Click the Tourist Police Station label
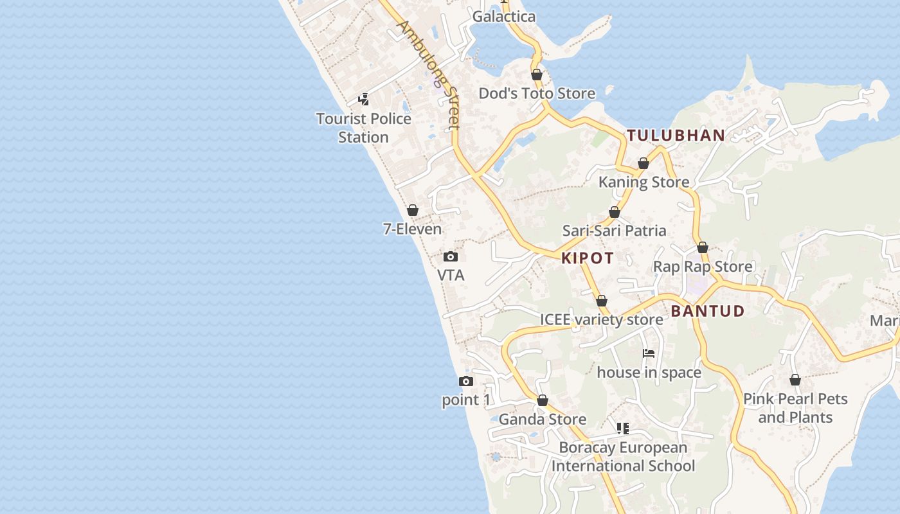[x=364, y=128]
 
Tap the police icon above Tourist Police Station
[x=364, y=100]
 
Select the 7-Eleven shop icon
[x=413, y=210]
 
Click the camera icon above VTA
[x=451, y=257]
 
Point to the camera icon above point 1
[x=466, y=382]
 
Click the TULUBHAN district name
[x=676, y=136]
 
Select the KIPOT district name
[x=588, y=258]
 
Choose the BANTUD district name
[x=708, y=312]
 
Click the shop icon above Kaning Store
[x=643, y=164]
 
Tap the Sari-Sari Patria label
[x=614, y=231]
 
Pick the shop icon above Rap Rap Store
[x=703, y=248]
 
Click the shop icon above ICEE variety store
[x=602, y=301]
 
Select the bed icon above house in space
[x=649, y=353]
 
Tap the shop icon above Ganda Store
[x=543, y=401]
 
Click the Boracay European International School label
[x=623, y=457]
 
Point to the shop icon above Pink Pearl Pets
[x=795, y=380]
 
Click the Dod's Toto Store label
[x=537, y=94]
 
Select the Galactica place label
[x=504, y=17]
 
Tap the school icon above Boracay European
[x=623, y=429]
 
